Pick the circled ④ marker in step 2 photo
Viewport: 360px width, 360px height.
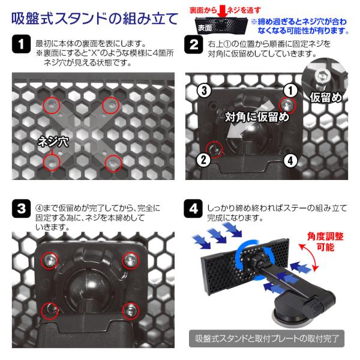coord(289,160)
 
